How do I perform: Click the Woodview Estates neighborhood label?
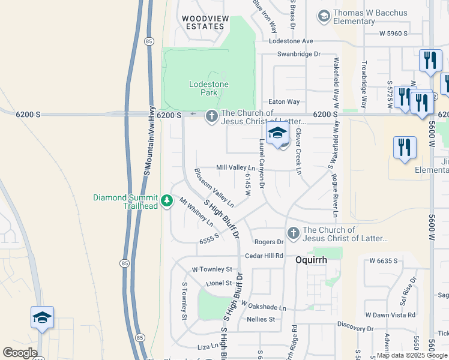[205, 23]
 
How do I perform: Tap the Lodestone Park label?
[208, 88]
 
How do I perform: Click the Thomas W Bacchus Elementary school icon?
[324, 16]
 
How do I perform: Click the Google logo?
[20, 353]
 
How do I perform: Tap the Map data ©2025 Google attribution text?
[412, 355]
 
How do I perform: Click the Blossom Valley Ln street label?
[213, 188]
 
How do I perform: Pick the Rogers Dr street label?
[268, 242]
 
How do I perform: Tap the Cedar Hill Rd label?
[264, 256]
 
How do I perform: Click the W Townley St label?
[211, 269]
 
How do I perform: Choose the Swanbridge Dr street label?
[298, 54]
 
